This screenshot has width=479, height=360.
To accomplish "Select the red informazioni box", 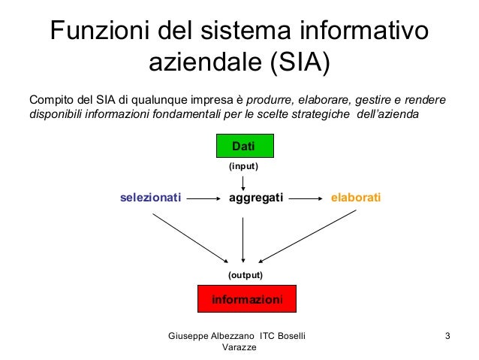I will click(x=247, y=299).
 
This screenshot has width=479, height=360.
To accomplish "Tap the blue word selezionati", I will click(x=151, y=198).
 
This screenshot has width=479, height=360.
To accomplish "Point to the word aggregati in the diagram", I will click(x=255, y=198).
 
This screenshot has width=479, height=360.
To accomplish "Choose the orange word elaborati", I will click(x=356, y=198).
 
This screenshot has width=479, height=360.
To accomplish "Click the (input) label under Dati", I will click(x=243, y=167).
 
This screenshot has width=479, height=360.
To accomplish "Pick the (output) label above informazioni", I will click(x=246, y=275).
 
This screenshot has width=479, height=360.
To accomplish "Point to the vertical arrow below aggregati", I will click(x=243, y=236).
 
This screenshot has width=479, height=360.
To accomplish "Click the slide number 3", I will click(x=447, y=334).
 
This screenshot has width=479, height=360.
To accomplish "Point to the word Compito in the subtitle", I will click(x=50, y=100).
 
